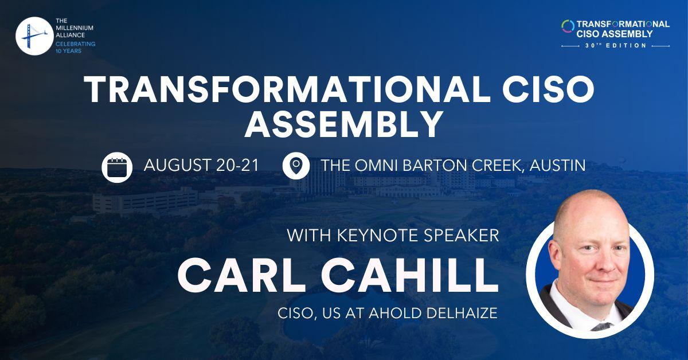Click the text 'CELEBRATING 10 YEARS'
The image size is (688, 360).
pos(75,47)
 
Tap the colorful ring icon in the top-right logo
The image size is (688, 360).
pos(568,26)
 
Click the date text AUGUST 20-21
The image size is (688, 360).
pos(201,166)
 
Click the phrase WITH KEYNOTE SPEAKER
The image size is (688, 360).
pos(393,236)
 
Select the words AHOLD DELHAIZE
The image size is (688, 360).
pos(454,314)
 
